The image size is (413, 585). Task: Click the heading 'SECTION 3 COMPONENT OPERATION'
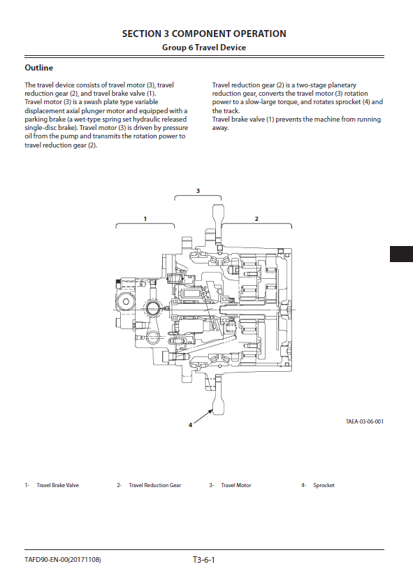pyautogui.click(x=204, y=34)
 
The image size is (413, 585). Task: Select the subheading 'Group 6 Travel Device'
pyautogui.click(x=204, y=48)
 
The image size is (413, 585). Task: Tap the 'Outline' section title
pyautogui.click(x=39, y=68)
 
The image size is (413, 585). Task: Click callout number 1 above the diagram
pyautogui.click(x=145, y=219)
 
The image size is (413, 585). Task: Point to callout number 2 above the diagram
pyautogui.click(x=256, y=219)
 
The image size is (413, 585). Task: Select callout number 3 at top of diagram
pyautogui.click(x=198, y=191)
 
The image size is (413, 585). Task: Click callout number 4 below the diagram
pyautogui.click(x=190, y=425)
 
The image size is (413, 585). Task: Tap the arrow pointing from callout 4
pyautogui.click(x=203, y=417)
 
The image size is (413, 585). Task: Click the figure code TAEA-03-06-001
pyautogui.click(x=365, y=421)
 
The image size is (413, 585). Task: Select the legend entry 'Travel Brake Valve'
pyautogui.click(x=58, y=485)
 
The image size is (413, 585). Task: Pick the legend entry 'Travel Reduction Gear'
pyautogui.click(x=155, y=485)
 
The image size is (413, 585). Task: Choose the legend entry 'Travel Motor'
pyautogui.click(x=236, y=485)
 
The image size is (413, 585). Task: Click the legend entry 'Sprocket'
pyautogui.click(x=324, y=485)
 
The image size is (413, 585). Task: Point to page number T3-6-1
pyautogui.click(x=203, y=560)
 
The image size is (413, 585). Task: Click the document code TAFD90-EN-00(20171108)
pyautogui.click(x=63, y=560)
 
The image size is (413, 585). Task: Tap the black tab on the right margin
pyautogui.click(x=401, y=254)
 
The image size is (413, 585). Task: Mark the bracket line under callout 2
pyautogui.click(x=256, y=224)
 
